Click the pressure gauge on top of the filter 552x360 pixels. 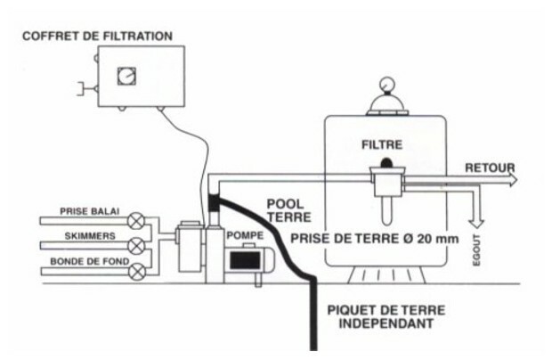pyautogui.click(x=386, y=90)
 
